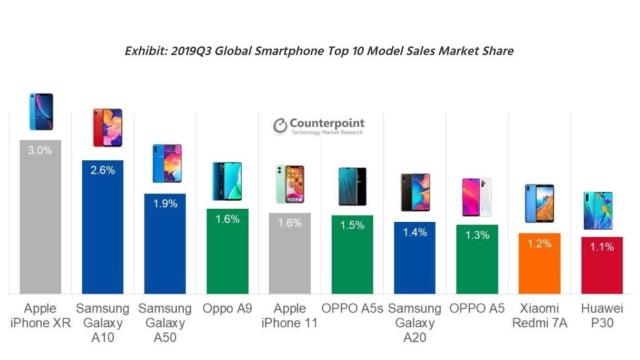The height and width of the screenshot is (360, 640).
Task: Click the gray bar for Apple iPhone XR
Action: tap(41, 220)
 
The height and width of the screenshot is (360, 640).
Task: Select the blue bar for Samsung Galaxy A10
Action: tap(103, 230)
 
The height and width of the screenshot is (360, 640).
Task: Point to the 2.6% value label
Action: tap(103, 169)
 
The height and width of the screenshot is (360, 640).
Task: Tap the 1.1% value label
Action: tap(602, 246)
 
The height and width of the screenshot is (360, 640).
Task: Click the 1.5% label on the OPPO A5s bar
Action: tap(353, 225)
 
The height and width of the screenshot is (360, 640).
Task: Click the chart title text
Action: tap(319, 50)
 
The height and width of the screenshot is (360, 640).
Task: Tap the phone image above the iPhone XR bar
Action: tap(41, 112)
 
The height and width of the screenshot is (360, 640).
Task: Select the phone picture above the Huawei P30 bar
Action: tap(602, 211)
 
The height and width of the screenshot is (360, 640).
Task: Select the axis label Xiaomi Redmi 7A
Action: tap(540, 315)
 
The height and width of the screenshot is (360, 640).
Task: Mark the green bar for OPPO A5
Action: tap(477, 262)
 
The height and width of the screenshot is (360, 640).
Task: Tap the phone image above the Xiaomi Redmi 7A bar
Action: tap(540, 204)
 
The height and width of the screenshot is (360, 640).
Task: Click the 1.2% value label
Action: tap(540, 242)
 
